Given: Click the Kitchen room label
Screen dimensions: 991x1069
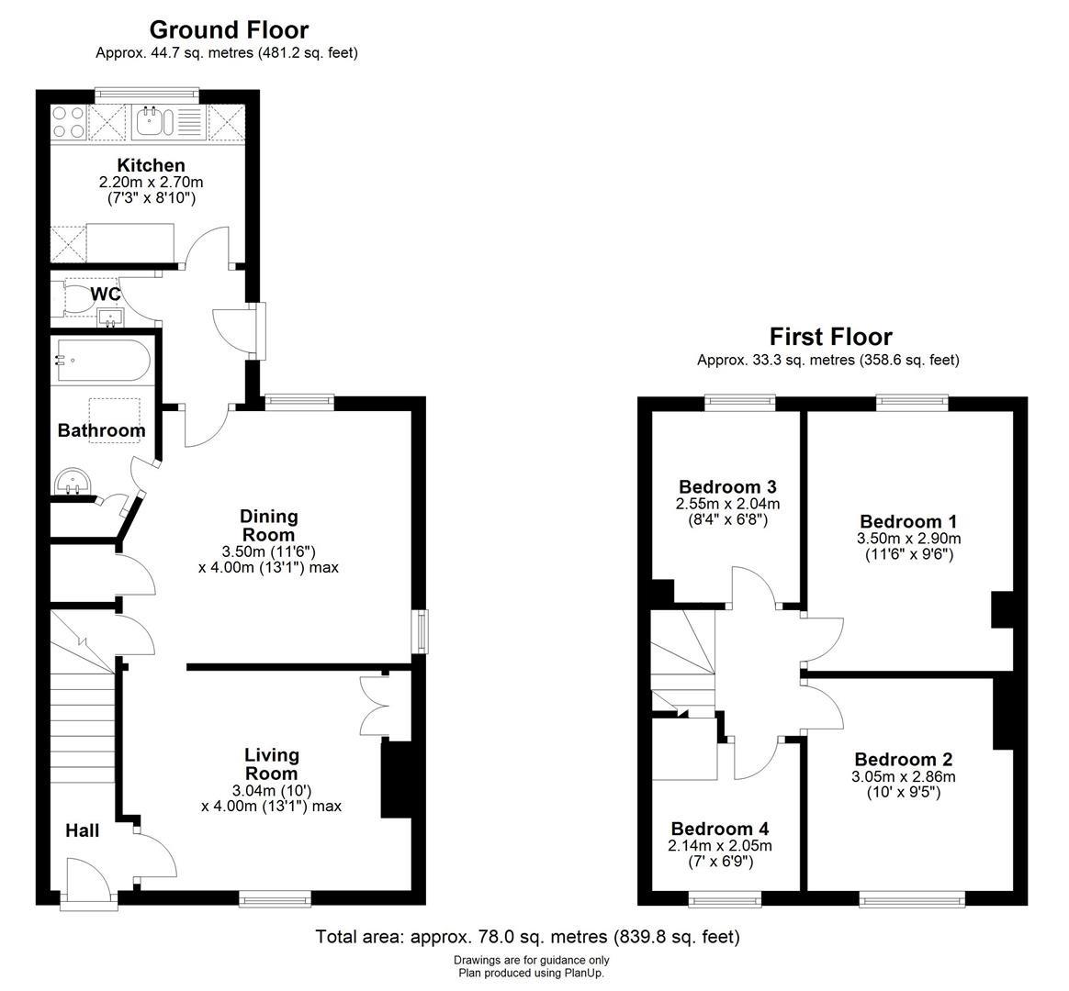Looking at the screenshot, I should pyautogui.click(x=151, y=165).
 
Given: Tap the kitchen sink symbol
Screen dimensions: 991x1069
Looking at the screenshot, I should pyautogui.click(x=150, y=120).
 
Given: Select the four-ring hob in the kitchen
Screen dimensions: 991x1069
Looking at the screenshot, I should pyautogui.click(x=68, y=122).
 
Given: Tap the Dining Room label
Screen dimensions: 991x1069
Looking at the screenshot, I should pyautogui.click(x=268, y=526).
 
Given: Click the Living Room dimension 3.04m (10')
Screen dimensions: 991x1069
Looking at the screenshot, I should pyautogui.click(x=271, y=790).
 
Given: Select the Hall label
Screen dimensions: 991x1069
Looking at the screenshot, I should pyautogui.click(x=82, y=830).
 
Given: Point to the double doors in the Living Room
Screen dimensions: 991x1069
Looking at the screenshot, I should pyautogui.click(x=377, y=704).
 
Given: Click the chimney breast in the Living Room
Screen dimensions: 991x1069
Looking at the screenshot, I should pyautogui.click(x=396, y=779).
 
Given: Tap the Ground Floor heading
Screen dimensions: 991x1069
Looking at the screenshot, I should pyautogui.click(x=229, y=30).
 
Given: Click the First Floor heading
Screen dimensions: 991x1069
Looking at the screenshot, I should pyautogui.click(x=830, y=337).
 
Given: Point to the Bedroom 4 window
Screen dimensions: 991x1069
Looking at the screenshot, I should pyautogui.click(x=725, y=900).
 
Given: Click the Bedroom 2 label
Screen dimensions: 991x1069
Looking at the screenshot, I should pyautogui.click(x=903, y=759).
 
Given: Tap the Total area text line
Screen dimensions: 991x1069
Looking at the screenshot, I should pyautogui.click(x=527, y=937).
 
